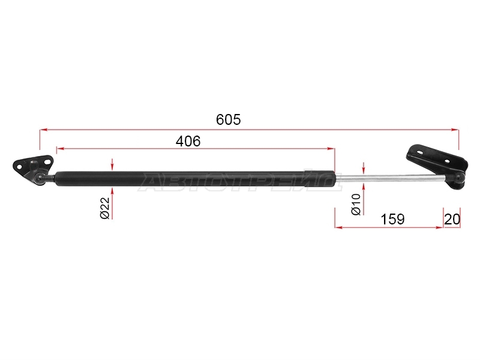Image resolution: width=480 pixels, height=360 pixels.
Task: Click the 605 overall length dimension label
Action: (229, 119)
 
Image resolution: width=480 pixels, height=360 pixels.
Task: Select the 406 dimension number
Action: (188, 141)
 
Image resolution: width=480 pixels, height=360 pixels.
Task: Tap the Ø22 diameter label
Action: (104, 208)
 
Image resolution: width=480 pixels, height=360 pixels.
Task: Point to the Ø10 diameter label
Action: (356, 205)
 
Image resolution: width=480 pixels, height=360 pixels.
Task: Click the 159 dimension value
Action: (392, 219)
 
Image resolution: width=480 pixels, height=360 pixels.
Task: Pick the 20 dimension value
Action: (452, 219)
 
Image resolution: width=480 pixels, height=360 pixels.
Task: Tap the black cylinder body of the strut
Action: (195, 179)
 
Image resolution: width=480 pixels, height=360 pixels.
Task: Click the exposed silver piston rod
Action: (391, 178)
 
